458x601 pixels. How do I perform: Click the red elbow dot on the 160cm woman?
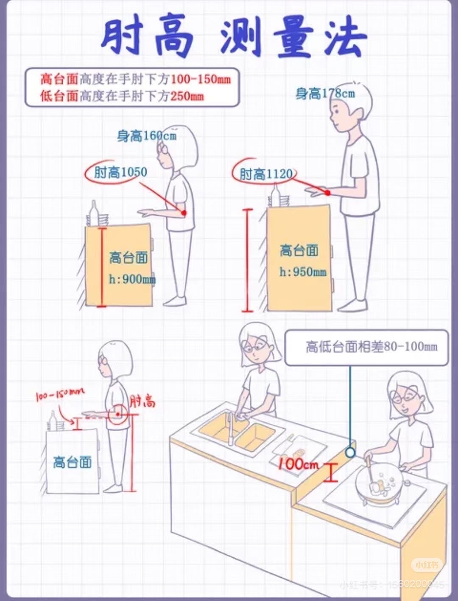point(184,213)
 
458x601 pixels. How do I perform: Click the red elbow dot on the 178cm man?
point(328,193)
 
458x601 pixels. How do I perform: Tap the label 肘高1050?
point(121,172)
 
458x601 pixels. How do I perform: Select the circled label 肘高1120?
point(266,174)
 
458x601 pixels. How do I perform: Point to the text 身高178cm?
point(325,94)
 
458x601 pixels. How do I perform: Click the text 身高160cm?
point(147,135)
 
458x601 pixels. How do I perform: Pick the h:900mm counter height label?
point(132,279)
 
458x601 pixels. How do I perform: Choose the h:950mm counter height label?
point(303,272)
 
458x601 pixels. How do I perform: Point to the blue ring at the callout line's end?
point(350,452)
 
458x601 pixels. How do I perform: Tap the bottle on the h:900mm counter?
point(94,213)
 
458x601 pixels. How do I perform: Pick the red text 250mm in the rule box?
point(187,96)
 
